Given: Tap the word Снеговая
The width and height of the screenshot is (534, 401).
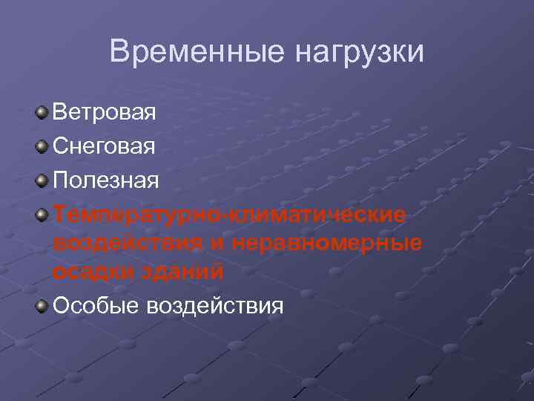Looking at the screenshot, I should (105, 146).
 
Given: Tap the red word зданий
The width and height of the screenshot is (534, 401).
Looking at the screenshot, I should (186, 271).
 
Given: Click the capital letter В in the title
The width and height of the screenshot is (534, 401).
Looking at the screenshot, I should (119, 52).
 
